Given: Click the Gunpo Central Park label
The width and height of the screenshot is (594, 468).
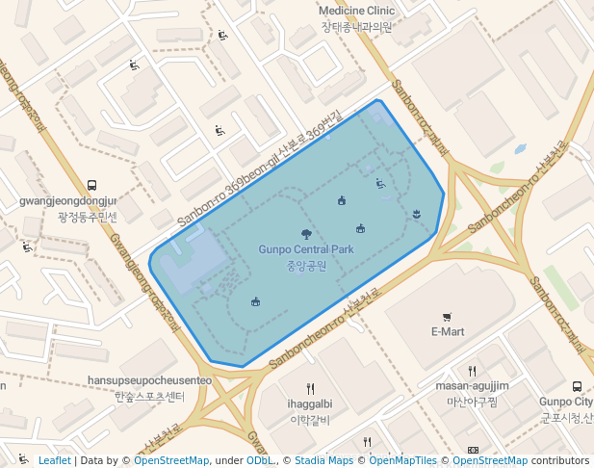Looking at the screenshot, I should click(x=306, y=249).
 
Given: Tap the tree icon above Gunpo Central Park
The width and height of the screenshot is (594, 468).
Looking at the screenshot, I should click(x=306, y=234).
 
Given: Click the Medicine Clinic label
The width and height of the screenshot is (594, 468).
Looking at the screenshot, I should click(x=357, y=11).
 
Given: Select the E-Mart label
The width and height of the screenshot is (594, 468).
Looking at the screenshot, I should click(x=447, y=331).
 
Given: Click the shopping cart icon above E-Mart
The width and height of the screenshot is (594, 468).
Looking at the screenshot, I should click(x=447, y=317).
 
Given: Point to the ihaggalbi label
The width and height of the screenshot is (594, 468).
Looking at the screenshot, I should click(x=310, y=403).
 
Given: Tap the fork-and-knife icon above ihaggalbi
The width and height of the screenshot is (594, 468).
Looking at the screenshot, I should click(x=310, y=389).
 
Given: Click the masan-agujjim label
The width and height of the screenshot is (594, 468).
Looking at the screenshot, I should click(x=472, y=385).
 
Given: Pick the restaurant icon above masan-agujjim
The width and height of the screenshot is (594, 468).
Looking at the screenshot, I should click(x=472, y=371).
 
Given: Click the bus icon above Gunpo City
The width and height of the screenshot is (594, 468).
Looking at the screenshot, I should click(x=577, y=386).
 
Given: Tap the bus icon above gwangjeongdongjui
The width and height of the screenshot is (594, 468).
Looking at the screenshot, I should click(x=91, y=185).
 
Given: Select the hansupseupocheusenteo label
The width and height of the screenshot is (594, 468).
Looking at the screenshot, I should click(x=149, y=380).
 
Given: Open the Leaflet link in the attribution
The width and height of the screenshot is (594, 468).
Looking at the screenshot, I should click(x=54, y=461).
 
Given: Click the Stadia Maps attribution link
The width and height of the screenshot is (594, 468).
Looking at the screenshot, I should click(x=324, y=461).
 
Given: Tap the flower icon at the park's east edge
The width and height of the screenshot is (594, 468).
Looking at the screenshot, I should click(x=416, y=213).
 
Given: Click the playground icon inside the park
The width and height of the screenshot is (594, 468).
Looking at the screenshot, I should click(x=380, y=182).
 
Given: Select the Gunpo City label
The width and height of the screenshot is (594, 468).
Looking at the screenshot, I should click(x=568, y=402).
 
